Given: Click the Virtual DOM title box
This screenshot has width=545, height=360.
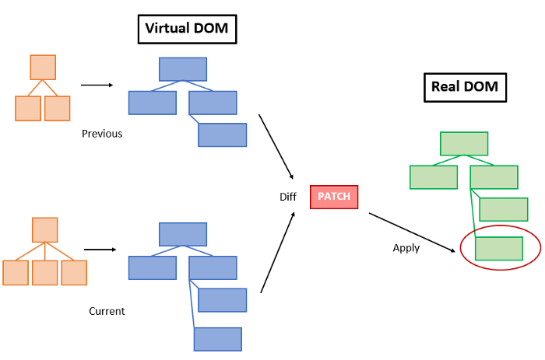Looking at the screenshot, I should (188, 30).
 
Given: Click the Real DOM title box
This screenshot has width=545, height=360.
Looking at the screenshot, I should (465, 87).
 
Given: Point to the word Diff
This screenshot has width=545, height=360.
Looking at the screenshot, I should (288, 197).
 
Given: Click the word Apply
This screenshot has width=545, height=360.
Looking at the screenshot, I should (406, 248).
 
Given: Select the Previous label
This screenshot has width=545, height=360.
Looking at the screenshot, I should (102, 134).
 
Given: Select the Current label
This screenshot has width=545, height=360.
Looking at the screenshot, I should (107, 311).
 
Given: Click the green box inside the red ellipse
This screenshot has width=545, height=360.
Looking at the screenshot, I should (498, 248).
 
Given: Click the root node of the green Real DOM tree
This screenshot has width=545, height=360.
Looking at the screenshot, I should (464, 144).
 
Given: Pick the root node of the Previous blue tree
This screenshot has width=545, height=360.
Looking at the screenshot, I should (183, 69).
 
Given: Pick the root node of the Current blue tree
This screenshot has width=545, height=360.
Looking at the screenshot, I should (183, 234).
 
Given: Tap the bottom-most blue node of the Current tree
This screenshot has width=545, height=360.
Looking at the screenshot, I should (217, 339).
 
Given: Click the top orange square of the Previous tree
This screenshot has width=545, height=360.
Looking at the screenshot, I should (43, 68).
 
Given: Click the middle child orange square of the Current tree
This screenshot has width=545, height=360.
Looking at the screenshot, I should (45, 273).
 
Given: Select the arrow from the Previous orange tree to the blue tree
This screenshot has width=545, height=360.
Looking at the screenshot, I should (97, 85).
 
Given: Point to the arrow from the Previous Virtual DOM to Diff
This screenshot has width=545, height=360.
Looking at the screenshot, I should (276, 146).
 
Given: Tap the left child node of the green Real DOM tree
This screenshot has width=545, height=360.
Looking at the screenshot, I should (434, 177).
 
